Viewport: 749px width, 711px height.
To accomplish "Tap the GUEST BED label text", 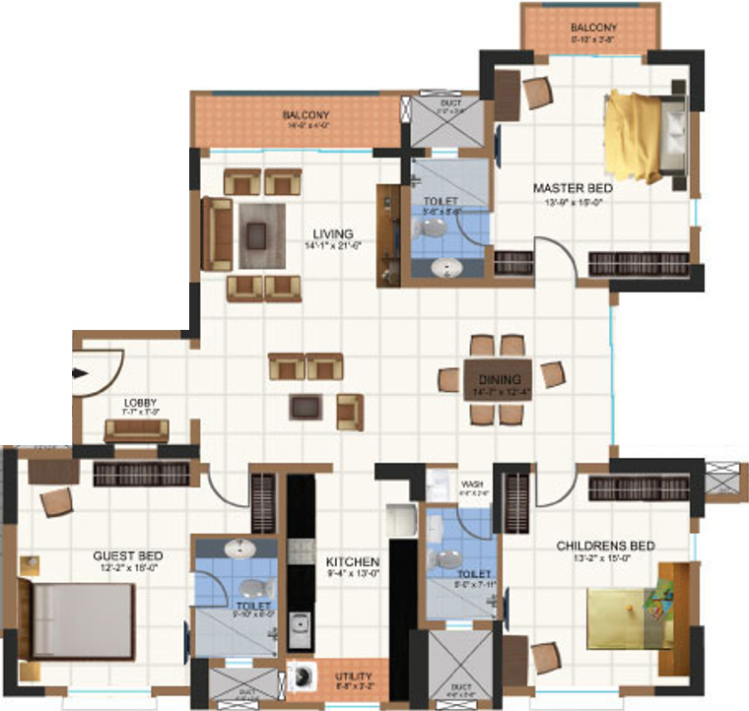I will tap(128, 555).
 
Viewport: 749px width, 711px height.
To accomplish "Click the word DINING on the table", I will tap(500, 379).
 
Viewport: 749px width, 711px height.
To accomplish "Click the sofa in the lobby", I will tap(137, 429).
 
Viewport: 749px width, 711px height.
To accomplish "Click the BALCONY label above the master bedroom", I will tap(593, 28).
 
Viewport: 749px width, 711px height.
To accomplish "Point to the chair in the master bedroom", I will tap(537, 92).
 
